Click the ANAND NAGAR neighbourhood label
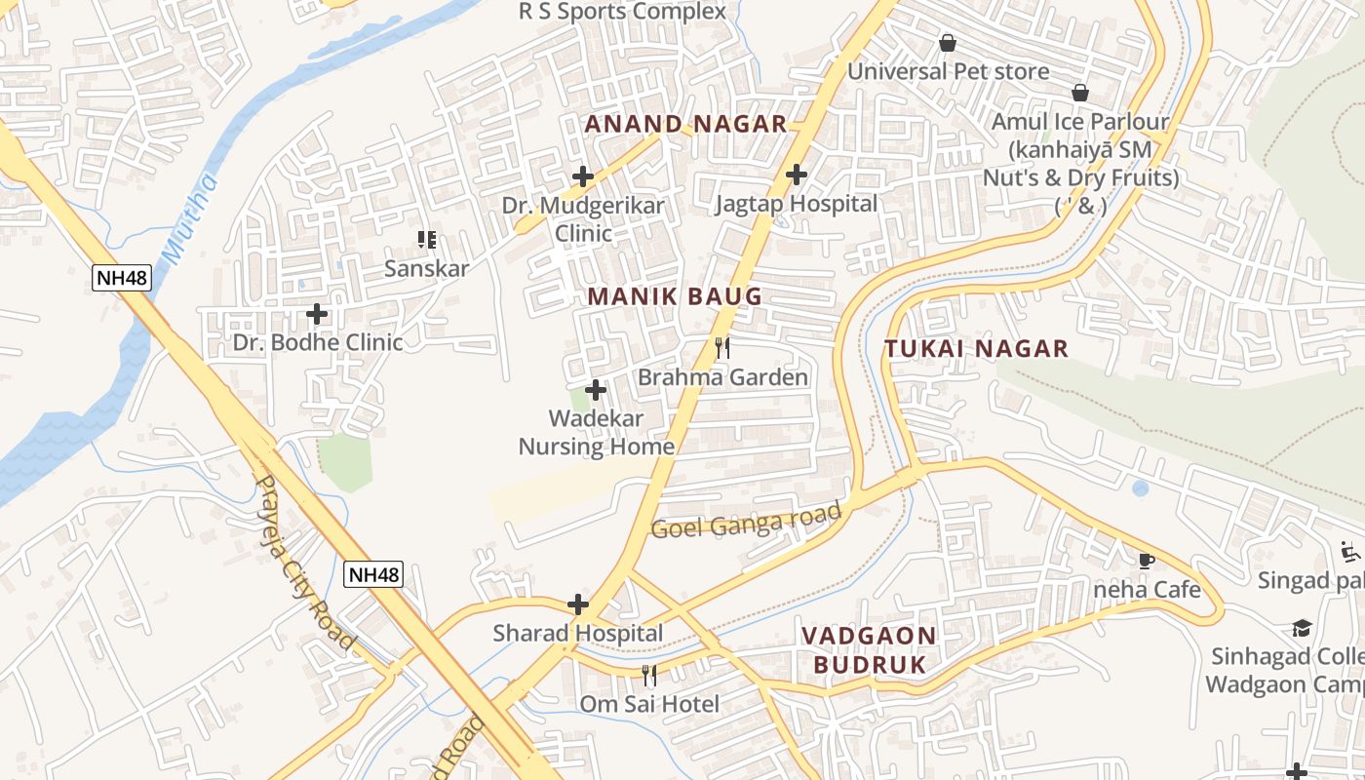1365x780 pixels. click(x=684, y=124)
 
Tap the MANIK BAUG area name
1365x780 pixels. click(x=674, y=296)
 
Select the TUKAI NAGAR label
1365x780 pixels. click(x=976, y=348)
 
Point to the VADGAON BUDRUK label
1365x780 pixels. click(x=868, y=650)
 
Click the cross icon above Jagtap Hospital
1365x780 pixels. click(x=797, y=175)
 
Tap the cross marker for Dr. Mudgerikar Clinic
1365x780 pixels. click(x=583, y=176)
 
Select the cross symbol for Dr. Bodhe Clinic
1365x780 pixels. click(x=317, y=314)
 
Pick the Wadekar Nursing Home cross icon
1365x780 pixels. click(x=596, y=390)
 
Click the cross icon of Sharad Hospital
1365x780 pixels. click(x=578, y=604)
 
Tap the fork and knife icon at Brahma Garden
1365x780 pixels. click(x=722, y=347)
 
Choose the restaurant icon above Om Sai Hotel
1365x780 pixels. click(x=649, y=675)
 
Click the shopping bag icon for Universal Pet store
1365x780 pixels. click(x=947, y=43)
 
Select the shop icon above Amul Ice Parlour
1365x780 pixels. click(x=1080, y=93)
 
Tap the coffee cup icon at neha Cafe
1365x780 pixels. click(x=1147, y=561)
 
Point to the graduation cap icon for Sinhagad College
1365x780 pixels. click(x=1302, y=627)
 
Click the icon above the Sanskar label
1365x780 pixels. click(x=426, y=239)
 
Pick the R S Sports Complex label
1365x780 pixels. click(x=622, y=12)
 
